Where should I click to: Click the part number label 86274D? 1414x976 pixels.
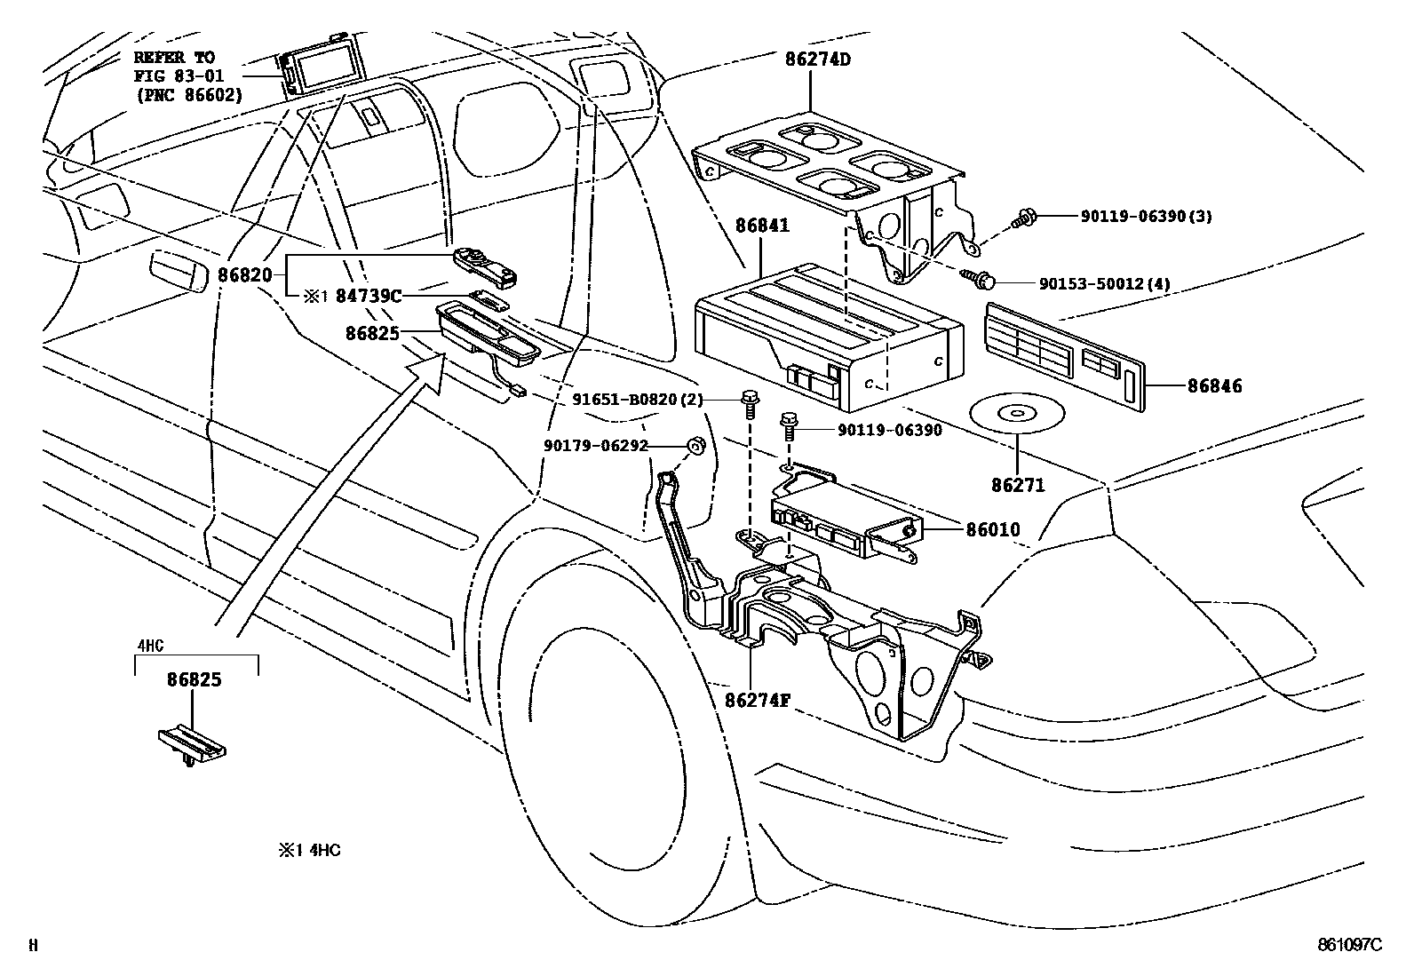point(817,60)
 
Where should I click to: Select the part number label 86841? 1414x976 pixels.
point(762,226)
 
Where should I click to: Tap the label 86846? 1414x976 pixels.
point(1214,385)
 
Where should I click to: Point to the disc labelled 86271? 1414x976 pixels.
point(1017,414)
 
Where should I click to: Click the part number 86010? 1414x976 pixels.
point(993,529)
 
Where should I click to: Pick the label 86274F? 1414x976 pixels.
point(758,700)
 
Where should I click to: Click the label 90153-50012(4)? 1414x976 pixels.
point(1105,284)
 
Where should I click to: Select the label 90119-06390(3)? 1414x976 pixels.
point(1147,217)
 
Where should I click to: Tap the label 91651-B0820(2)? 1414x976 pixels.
point(638,400)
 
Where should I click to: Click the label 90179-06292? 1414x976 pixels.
point(596,446)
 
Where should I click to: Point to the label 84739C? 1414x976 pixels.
point(368,296)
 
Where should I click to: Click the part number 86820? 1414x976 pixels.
point(245,275)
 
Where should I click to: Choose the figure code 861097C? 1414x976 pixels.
point(1350,944)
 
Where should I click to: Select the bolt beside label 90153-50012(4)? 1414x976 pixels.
point(978,279)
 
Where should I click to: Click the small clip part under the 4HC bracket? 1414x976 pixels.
point(191,745)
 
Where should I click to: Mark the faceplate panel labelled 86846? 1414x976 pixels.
point(1064,357)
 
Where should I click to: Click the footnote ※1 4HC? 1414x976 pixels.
point(309,851)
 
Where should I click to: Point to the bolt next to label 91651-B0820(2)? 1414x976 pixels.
point(750,404)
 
